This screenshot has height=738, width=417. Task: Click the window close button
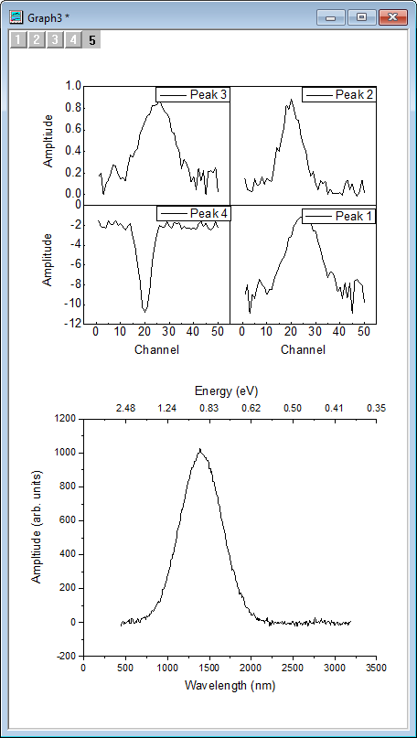[x=392, y=17]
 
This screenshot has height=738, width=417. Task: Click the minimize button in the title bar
[x=330, y=17]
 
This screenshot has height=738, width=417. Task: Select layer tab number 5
[x=92, y=39]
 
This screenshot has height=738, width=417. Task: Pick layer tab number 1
[x=17, y=39]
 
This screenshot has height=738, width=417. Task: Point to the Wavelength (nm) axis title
[x=229, y=685]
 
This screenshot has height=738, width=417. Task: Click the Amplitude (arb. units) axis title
[x=37, y=536]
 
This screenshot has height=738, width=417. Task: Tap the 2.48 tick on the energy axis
[x=125, y=408]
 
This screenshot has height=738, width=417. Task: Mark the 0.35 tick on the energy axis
[x=376, y=408]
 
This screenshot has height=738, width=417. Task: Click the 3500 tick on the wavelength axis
[x=376, y=668]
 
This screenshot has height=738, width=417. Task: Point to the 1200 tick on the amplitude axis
[x=63, y=419]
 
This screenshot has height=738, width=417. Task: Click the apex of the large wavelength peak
[x=199, y=449]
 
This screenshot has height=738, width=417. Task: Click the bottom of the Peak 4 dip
[x=144, y=311]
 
